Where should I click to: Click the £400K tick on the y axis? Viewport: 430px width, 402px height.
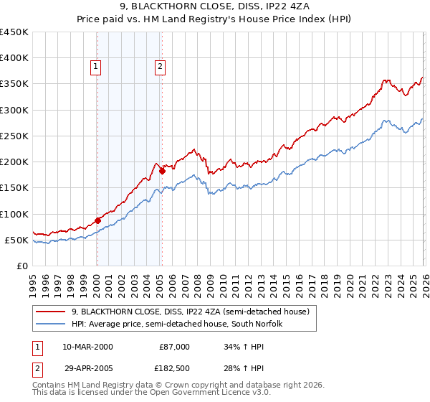(x=14, y=58)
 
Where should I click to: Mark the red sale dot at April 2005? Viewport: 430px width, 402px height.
(x=163, y=171)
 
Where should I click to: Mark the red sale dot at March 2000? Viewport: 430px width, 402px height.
(x=97, y=220)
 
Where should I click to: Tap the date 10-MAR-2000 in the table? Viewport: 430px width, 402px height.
(x=87, y=347)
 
